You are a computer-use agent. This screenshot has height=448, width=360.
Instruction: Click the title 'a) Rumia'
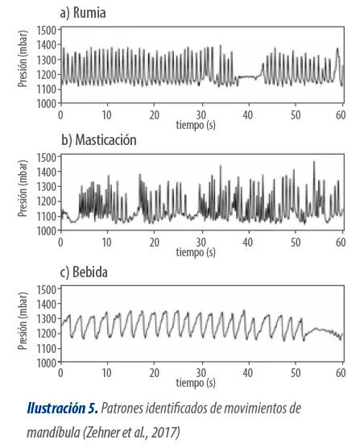(x=83, y=13)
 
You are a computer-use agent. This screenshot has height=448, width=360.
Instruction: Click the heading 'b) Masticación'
(x=99, y=140)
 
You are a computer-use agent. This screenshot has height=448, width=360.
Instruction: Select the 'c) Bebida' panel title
(x=84, y=272)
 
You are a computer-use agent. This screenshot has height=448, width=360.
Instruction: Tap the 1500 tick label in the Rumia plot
(x=47, y=31)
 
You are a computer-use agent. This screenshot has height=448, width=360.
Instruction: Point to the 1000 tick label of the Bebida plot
(x=47, y=363)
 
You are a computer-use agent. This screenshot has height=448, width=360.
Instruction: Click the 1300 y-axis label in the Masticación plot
(x=47, y=187)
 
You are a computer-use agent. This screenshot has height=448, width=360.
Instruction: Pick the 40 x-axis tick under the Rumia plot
(x=248, y=115)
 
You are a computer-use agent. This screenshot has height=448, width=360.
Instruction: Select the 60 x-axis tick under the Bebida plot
(x=341, y=373)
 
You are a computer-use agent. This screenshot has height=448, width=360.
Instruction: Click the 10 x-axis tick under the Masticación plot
(x=106, y=243)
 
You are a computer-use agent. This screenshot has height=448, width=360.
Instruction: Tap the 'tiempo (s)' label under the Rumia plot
(x=196, y=125)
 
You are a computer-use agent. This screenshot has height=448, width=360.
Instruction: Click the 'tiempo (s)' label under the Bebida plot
(x=196, y=383)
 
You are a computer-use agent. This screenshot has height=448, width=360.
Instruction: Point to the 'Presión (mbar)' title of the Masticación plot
(x=23, y=189)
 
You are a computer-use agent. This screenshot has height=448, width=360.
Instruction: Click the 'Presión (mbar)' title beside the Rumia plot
(x=23, y=59)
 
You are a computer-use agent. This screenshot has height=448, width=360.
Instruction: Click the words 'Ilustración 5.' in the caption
(x=63, y=408)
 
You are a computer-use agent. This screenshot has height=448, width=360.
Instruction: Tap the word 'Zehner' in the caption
(x=103, y=433)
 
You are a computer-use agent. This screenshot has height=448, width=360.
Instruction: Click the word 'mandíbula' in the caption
(x=53, y=433)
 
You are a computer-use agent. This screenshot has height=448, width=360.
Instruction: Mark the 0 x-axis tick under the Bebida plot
(x=60, y=373)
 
